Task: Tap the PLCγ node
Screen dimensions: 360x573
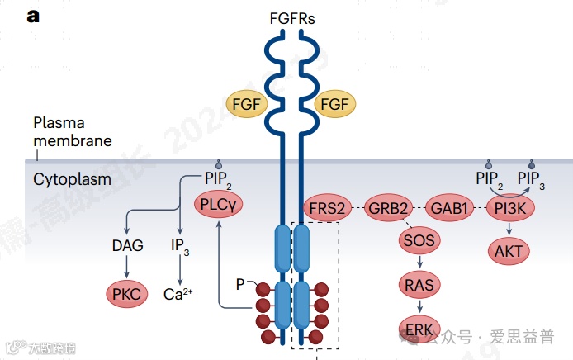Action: pos(218,205)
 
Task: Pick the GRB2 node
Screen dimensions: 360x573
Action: pos(389,208)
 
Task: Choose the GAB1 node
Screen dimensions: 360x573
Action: pos(451,208)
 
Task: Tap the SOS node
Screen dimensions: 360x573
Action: pos(419,241)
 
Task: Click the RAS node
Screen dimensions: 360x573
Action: pos(419,285)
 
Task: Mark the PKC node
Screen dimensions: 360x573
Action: pos(127,292)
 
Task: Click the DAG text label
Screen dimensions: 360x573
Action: pos(127,245)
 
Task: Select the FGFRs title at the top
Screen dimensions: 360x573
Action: pos(291,17)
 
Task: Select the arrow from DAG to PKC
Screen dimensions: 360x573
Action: pos(127,268)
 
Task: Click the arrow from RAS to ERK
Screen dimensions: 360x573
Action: pos(419,306)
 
